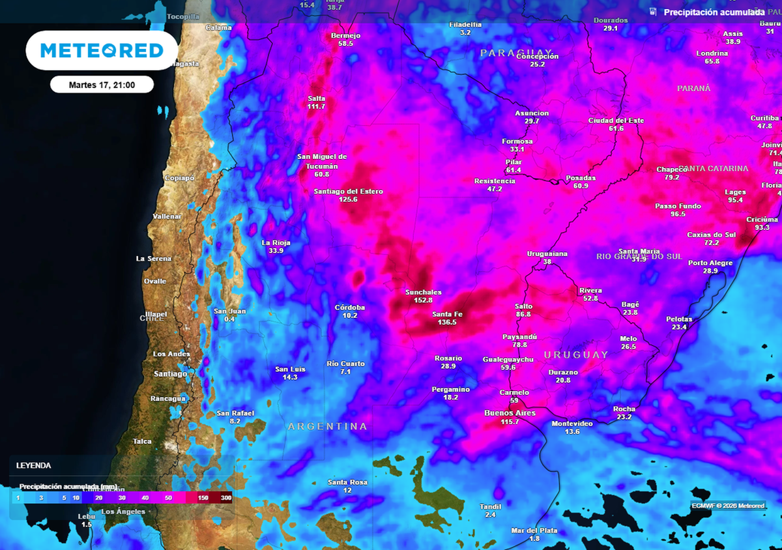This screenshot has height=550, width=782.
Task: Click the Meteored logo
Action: [102, 50]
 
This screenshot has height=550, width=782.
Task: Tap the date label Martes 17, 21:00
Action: [102, 85]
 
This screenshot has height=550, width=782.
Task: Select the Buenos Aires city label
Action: [510, 413]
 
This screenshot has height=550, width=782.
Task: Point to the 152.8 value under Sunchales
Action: [424, 300]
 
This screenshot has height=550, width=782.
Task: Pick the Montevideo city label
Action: [572, 424]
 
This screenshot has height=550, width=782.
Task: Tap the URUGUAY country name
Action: [575, 355]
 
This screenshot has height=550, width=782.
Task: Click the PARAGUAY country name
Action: [516, 52]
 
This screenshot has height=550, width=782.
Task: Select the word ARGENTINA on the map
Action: [328, 426]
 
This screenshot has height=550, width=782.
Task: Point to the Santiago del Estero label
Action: [348, 192]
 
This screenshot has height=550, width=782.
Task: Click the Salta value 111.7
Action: [316, 106]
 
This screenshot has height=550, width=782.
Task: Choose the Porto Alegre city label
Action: [710, 263]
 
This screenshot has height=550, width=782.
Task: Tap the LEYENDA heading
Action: [34, 466]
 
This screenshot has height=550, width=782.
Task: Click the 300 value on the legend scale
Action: [225, 497]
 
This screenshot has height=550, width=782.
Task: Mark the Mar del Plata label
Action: [534, 530]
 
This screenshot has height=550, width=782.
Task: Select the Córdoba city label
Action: [350, 308]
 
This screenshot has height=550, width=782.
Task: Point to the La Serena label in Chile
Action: [154, 259]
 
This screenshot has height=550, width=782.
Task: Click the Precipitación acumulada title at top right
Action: [714, 12]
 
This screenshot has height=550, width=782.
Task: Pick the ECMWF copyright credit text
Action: [728, 505]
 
